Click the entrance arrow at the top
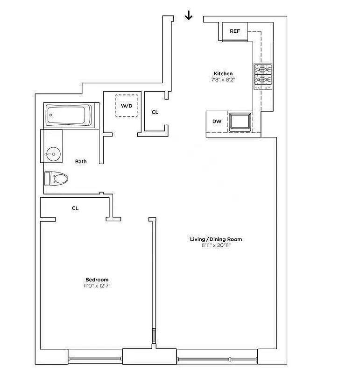188,16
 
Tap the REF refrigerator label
235,31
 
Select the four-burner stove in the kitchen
262,76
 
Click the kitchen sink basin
240,122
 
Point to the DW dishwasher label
217,122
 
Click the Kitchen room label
223,73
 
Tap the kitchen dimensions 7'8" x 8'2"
223,80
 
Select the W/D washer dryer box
127,106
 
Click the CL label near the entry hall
155,112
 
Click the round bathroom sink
53,153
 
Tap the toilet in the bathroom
56,178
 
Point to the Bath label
81,162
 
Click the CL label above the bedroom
75,209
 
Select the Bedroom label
97,280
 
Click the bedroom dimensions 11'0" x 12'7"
97,286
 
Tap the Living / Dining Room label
216,239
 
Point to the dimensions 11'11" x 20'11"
216,245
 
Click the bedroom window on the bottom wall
95,359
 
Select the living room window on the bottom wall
217,359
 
